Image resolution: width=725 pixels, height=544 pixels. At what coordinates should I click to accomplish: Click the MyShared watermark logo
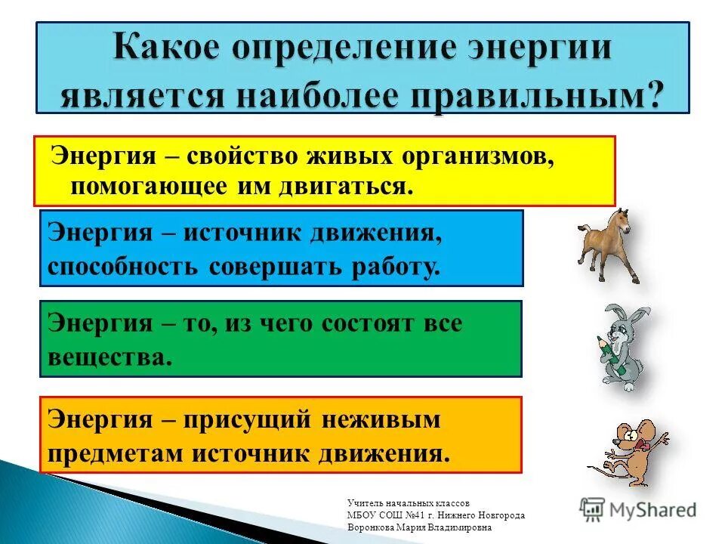639,509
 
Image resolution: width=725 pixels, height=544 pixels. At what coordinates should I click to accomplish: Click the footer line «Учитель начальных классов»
409,502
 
